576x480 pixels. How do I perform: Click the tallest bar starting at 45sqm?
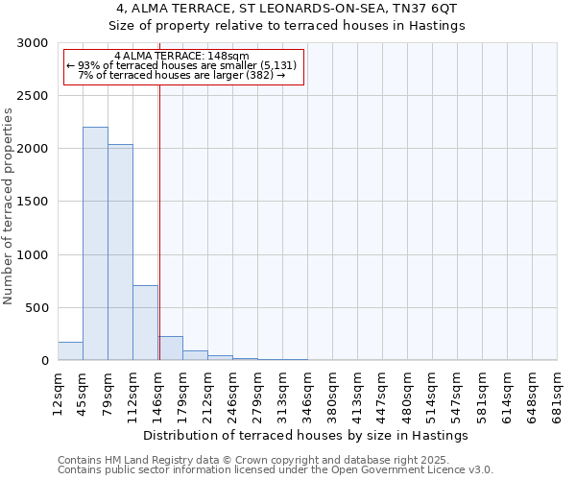95,244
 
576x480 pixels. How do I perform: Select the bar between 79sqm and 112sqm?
120,252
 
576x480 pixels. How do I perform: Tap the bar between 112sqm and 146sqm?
145,323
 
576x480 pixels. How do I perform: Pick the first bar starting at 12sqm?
70,351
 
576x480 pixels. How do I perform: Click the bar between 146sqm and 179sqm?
171,348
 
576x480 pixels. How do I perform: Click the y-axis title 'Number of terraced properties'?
9,206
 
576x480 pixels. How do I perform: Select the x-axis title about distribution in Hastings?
307,435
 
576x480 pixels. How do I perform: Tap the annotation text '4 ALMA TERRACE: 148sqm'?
181,56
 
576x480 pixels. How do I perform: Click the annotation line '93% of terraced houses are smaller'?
181,65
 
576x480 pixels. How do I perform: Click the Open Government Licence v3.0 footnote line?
276,470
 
